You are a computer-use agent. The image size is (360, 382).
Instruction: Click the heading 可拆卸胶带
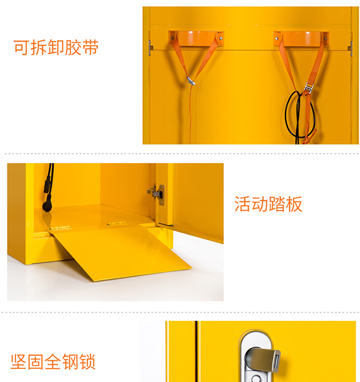pos(56,47)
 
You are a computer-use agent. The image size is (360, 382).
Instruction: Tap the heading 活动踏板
pos(268,204)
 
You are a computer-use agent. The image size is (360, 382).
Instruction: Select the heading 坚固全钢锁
pos(53,362)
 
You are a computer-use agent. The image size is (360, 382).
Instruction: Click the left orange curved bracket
pos(196,38)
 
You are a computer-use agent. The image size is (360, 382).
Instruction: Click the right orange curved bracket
pos(301,38)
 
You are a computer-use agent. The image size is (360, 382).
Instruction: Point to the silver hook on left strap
pos(191,81)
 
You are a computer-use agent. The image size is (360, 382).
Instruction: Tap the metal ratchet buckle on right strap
pos(308,88)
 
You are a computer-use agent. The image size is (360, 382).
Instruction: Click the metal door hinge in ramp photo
pos(157,194)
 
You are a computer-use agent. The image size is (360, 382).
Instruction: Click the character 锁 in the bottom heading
pos(87,362)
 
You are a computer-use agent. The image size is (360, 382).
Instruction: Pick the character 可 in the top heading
pos(22,47)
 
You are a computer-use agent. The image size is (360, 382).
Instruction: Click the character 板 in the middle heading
pos(294,204)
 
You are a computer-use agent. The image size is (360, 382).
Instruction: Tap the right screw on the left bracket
pos(221,38)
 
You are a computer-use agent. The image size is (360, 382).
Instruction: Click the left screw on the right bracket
pos(277,38)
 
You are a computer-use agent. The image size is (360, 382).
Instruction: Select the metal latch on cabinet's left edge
pos(150,48)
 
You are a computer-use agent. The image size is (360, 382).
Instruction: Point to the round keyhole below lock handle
pos(256,378)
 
